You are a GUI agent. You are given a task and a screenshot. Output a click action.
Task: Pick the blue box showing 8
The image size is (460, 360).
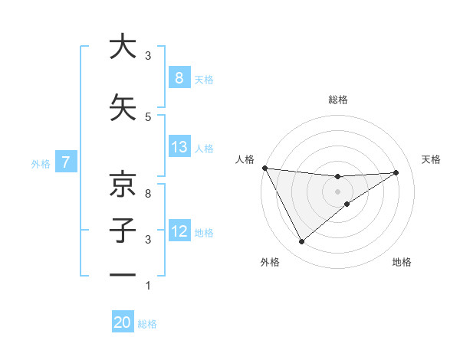[179, 77]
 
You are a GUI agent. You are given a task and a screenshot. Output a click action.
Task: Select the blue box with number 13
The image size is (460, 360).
[179, 147]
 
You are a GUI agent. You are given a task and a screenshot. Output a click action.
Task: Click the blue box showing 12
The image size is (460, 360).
[179, 231]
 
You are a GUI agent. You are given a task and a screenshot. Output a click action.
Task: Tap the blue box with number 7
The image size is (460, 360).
[66, 162]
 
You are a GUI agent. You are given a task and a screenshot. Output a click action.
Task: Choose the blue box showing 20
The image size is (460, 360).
[123, 322]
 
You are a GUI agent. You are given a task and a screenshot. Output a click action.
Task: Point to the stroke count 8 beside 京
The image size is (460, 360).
[148, 194]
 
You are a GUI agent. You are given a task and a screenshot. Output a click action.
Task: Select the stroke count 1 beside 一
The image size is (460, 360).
[148, 286]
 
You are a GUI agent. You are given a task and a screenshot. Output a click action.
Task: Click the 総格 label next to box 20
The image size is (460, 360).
[148, 324]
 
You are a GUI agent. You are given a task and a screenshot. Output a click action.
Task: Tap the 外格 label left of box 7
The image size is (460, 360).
[41, 163]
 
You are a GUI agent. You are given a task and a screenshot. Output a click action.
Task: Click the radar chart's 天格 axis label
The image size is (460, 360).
[431, 159]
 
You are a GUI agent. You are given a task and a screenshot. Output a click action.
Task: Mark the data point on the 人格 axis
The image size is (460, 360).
[264, 168]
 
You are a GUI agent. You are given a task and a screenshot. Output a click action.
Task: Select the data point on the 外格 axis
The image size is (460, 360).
[301, 242]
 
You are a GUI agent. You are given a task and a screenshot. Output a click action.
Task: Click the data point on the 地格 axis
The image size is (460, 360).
[347, 204]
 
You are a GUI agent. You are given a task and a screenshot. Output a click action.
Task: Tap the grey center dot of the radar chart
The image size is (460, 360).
[337, 191]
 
